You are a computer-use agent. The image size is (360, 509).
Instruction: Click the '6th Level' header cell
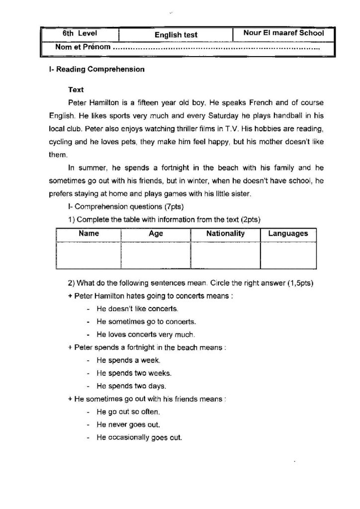(80, 34)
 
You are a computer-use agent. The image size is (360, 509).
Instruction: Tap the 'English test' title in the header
(176, 35)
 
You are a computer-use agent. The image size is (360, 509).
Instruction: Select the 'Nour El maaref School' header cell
(283, 33)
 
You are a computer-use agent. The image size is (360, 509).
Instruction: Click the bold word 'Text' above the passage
(76, 90)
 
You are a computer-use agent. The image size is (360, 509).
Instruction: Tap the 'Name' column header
(89, 234)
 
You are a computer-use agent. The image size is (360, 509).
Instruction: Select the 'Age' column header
(156, 234)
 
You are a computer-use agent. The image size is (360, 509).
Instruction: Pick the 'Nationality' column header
(225, 234)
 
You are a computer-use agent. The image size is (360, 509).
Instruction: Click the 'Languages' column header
(288, 234)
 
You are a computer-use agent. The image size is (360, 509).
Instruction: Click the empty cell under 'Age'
(156, 254)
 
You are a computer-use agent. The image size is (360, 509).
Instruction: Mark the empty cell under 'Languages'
(288, 254)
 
